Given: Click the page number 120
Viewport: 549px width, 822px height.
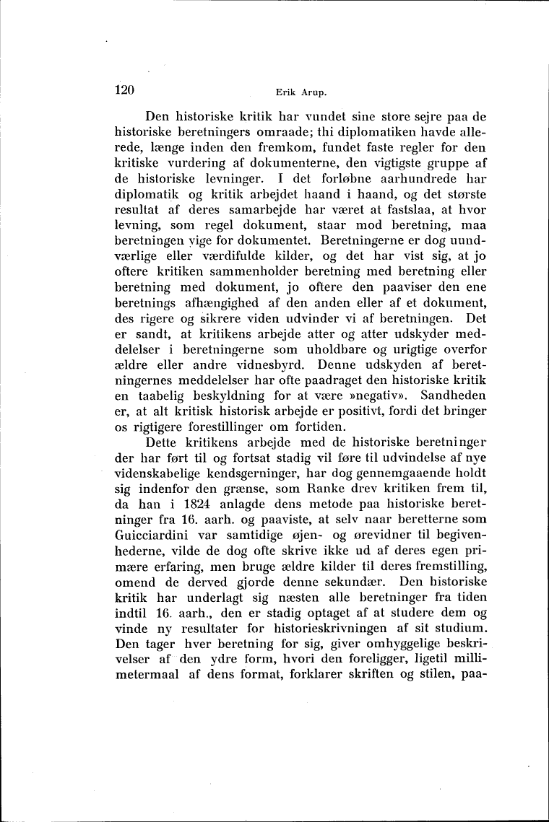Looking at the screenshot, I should coord(126,91).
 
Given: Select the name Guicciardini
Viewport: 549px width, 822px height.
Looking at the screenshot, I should coord(155,577).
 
